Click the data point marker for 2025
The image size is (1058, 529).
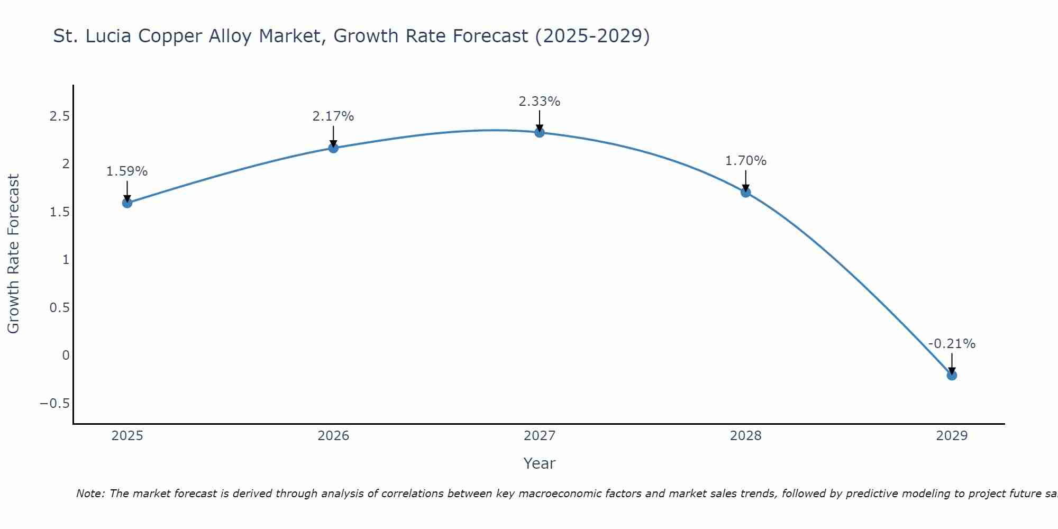127,203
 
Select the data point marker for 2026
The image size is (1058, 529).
333,148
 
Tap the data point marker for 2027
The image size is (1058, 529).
540,132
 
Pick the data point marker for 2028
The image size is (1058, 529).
746,192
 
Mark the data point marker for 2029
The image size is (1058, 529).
952,375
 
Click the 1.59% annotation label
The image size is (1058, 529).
127,171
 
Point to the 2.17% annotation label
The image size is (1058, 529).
333,116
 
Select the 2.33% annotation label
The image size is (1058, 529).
540,101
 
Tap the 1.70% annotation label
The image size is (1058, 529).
746,161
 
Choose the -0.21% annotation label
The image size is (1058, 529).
952,344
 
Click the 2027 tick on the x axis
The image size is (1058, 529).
540,436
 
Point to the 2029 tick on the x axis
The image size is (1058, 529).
952,436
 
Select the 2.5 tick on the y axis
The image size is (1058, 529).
60,116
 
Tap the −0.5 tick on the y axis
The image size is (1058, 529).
55,404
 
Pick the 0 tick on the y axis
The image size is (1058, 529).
66,355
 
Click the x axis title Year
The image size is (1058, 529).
540,463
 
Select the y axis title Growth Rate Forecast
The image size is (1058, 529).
13,254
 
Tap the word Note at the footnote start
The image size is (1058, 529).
90,494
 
